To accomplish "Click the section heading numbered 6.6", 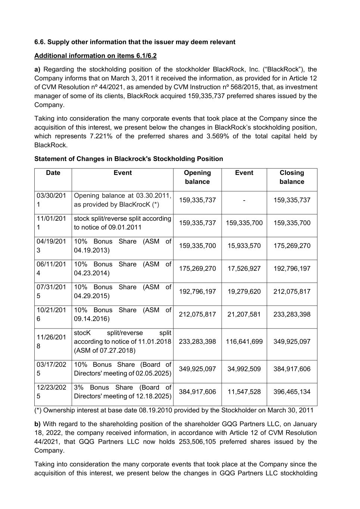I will (x=135, y=42).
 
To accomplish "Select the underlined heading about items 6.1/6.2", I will (x=95, y=56).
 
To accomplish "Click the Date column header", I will (x=53, y=173).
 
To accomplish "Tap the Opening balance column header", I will (x=197, y=177).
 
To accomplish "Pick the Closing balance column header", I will (x=292, y=177).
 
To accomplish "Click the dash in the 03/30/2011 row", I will (x=244, y=200).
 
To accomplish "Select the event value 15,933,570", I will (x=244, y=246).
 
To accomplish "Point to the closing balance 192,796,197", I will (x=292, y=269).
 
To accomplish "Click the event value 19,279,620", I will (x=244, y=292).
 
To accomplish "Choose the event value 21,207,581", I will (x=244, y=314).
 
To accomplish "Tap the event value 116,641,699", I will (x=244, y=342).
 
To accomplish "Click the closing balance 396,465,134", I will (x=292, y=392).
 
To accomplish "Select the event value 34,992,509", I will (x=244, y=369).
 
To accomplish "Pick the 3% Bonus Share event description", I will (x=122, y=392).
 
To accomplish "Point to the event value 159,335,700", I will (x=244, y=223).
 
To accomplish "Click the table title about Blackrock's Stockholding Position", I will (x=128, y=159).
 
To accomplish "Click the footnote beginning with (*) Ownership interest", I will (x=174, y=411).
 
